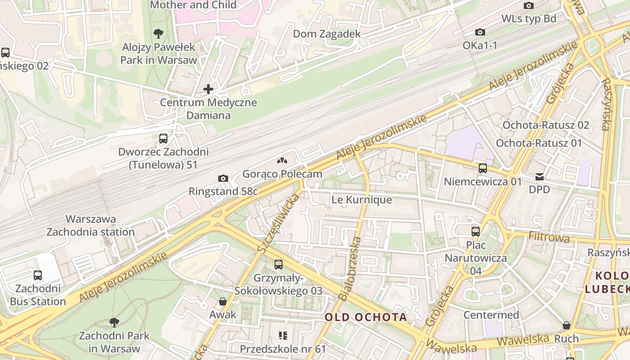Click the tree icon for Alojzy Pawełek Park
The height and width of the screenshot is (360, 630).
[x=158, y=33]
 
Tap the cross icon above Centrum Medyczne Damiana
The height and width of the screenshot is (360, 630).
[x=208, y=89]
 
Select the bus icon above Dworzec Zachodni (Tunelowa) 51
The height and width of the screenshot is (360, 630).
[x=163, y=139]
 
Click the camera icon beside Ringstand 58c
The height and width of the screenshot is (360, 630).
[x=223, y=179]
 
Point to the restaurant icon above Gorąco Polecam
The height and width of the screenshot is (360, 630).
[x=282, y=161]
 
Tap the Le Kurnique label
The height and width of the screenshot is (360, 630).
[x=361, y=200]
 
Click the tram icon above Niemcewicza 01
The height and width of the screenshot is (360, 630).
[x=483, y=168]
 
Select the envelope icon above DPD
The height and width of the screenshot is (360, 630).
[x=540, y=177]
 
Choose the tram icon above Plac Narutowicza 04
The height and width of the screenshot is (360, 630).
[x=476, y=232]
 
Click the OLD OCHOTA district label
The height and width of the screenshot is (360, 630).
[x=366, y=317]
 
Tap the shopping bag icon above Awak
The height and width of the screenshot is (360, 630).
[x=223, y=301]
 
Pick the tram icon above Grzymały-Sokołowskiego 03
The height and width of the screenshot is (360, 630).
[x=279, y=265]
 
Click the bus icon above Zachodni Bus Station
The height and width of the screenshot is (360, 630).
[x=38, y=275]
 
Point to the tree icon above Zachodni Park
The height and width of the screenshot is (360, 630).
[x=114, y=322]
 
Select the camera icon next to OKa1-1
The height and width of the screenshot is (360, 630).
[x=480, y=32]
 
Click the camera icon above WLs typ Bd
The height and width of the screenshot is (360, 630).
[x=529, y=6]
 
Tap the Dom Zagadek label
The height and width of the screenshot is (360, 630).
[x=327, y=34]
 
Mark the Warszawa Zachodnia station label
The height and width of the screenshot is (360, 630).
[x=90, y=225]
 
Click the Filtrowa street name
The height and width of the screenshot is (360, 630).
[x=549, y=237]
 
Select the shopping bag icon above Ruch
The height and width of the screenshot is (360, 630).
[x=567, y=325]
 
